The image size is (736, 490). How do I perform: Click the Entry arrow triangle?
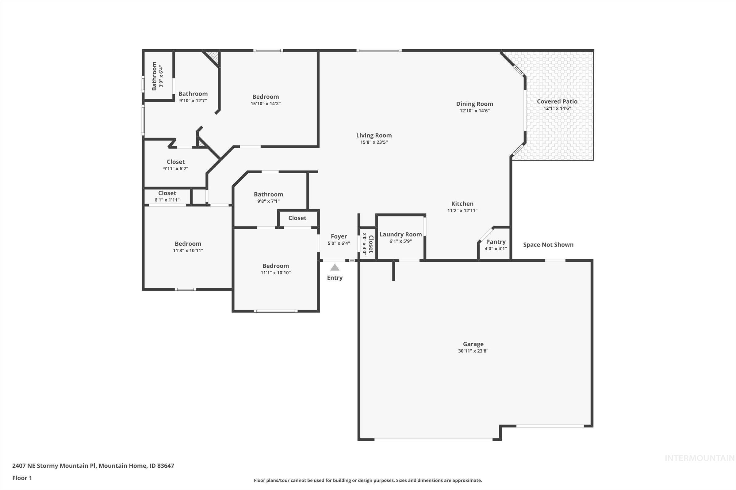coord(335,267)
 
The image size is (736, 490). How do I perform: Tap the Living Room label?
coord(374,135)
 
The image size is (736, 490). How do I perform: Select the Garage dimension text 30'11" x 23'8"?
coord(473,351)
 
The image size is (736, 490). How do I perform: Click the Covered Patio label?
coord(557,102)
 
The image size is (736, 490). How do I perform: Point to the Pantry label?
coord(496,242)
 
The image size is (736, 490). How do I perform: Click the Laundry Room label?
coord(401,234)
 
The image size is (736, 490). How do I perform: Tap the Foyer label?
coord(339,236)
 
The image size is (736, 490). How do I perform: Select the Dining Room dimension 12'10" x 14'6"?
coord(474,111)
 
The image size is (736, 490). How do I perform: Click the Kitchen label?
coord(462,204)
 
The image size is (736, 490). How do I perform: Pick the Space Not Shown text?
coord(548,245)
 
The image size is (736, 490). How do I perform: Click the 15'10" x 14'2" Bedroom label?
coord(265,97)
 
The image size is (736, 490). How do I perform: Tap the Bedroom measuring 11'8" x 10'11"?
coord(188,244)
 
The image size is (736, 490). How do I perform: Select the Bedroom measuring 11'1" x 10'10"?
coord(275,266)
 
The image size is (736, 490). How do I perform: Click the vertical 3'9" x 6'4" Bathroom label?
coord(154,76)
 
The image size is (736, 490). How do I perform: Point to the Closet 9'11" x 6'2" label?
coord(175,162)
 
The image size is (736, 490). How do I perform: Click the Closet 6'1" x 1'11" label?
coord(167,193)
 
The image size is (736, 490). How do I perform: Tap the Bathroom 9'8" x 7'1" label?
coord(268,194)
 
